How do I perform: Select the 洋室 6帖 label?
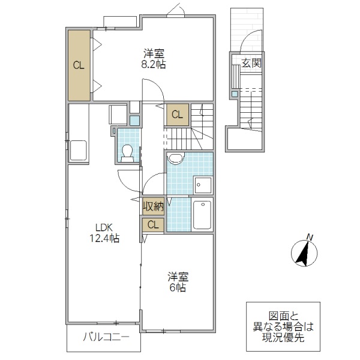(176, 281)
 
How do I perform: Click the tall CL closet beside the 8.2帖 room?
(79, 65)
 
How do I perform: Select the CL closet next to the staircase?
(177, 113)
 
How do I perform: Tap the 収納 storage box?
(154, 206)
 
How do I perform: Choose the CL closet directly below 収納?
(154, 224)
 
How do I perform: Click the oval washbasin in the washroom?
(175, 158)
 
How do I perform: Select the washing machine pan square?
(203, 185)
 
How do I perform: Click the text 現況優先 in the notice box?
(283, 337)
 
